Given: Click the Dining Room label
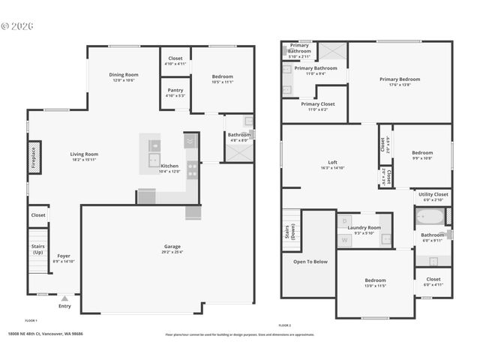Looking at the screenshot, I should click(x=124, y=76).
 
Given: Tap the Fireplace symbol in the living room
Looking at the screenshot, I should click(x=34, y=159).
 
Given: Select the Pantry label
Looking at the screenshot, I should click(x=175, y=93).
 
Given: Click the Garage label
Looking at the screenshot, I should click(x=172, y=248).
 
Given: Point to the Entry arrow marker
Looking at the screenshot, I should click(x=64, y=298).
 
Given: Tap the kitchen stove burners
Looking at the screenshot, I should click(x=192, y=170).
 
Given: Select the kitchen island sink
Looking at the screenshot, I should click(x=153, y=160).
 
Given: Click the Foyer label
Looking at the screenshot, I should click(x=64, y=258).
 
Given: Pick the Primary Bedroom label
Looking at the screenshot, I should click(x=399, y=81).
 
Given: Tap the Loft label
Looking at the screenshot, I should click(x=333, y=164).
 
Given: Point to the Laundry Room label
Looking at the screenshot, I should click(x=364, y=229).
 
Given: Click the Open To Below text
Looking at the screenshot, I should click(x=310, y=262).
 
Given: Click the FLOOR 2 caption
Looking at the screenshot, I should click(x=284, y=325).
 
